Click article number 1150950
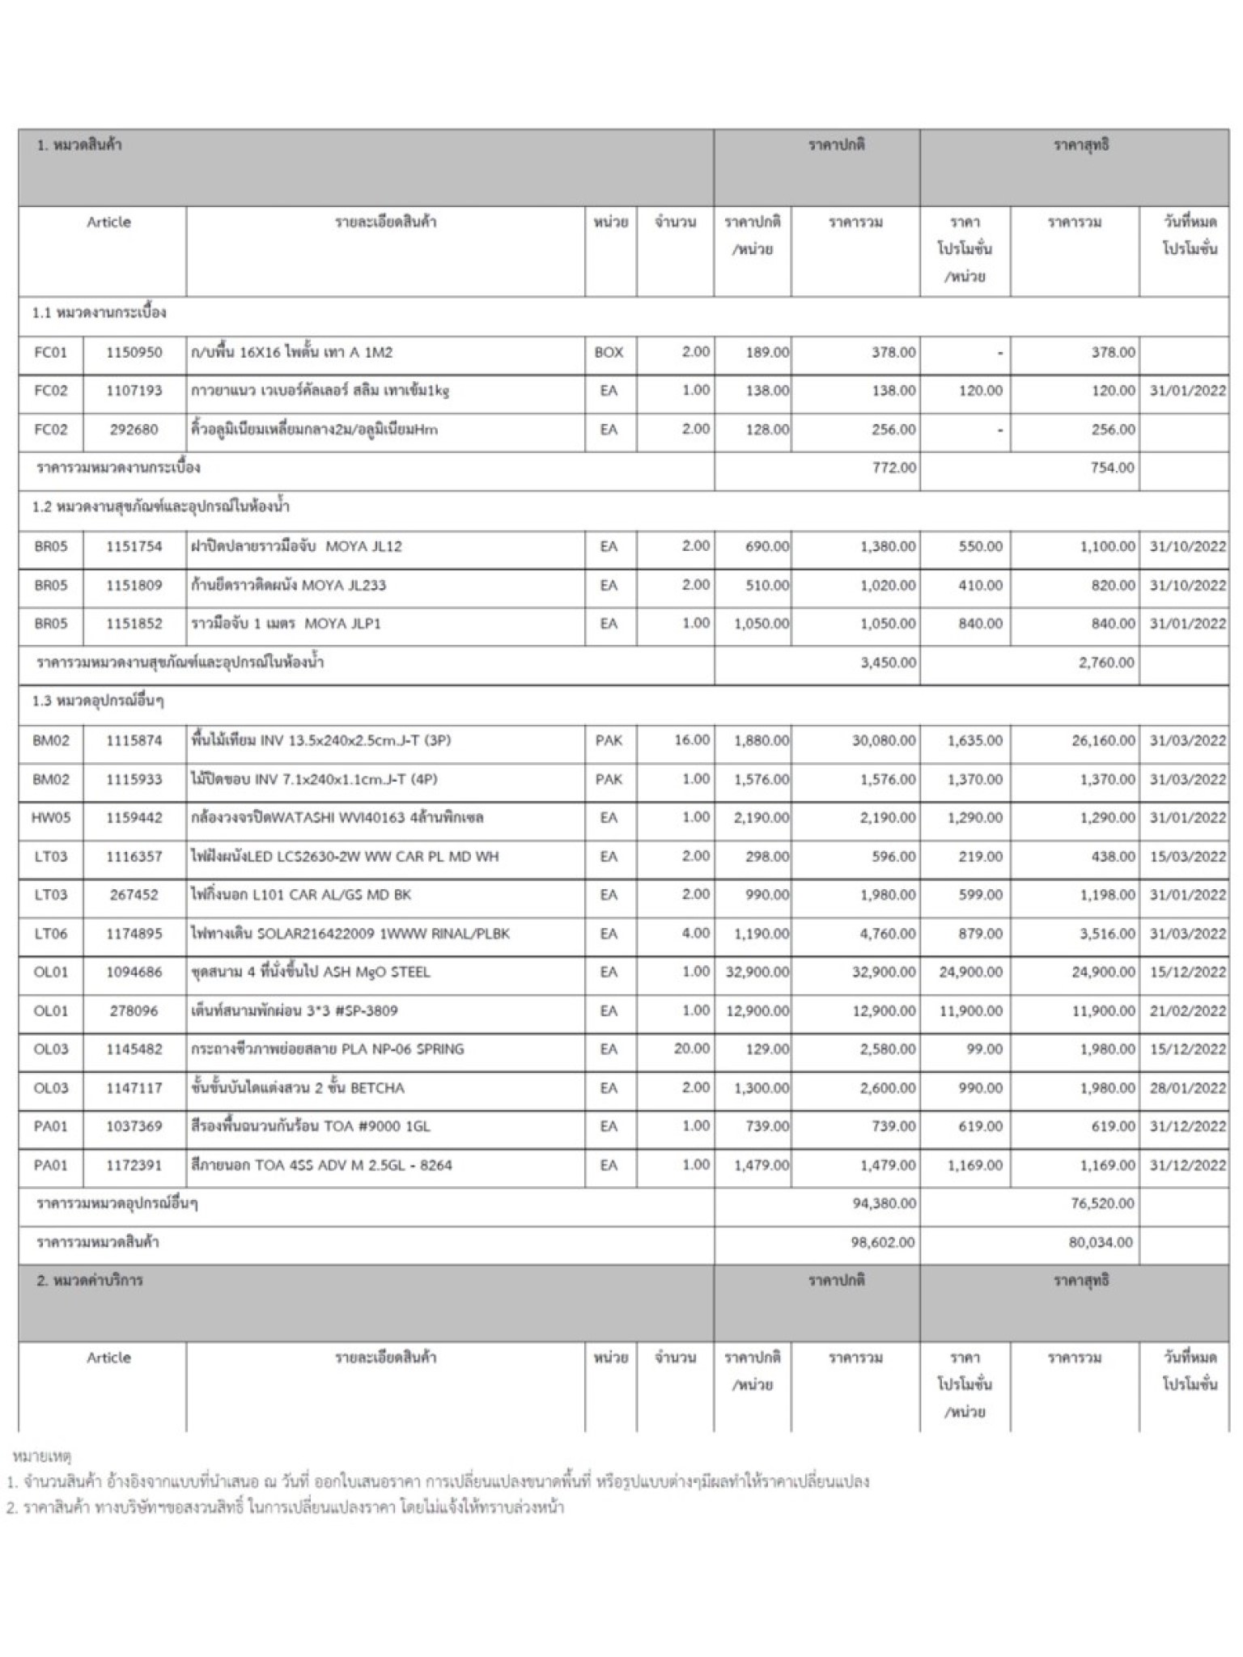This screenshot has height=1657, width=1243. point(134,353)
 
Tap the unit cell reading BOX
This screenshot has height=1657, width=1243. point(609,353)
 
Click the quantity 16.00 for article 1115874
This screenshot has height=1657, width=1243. point(691,740)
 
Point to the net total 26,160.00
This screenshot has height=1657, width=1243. point(1103,740)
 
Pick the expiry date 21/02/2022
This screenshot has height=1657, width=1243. point(1187,1011)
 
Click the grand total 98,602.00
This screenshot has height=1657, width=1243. point(883,1242)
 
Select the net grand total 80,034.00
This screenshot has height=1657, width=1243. point(1101,1242)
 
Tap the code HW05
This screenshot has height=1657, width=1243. point(51,817)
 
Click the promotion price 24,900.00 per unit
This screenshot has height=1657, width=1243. point(970,972)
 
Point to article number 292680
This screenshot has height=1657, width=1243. point(134,430)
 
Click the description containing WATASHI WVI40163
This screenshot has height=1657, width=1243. point(337,817)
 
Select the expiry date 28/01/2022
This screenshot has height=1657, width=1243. point(1187,1087)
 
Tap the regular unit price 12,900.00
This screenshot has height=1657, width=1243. point(757,1011)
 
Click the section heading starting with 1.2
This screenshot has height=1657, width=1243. point(161,507)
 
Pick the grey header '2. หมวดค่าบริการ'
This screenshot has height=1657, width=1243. point(90,1281)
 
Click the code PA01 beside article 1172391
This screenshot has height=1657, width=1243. point(51,1165)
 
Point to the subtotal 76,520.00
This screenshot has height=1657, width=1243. point(1101,1203)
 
